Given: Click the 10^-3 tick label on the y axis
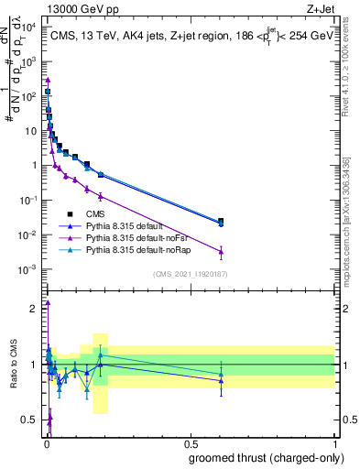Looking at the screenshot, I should click(29, 269).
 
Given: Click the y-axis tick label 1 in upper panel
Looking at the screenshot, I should click(35, 166).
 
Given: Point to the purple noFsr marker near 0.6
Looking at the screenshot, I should click(220, 252).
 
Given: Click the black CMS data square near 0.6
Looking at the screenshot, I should click(220, 221).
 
